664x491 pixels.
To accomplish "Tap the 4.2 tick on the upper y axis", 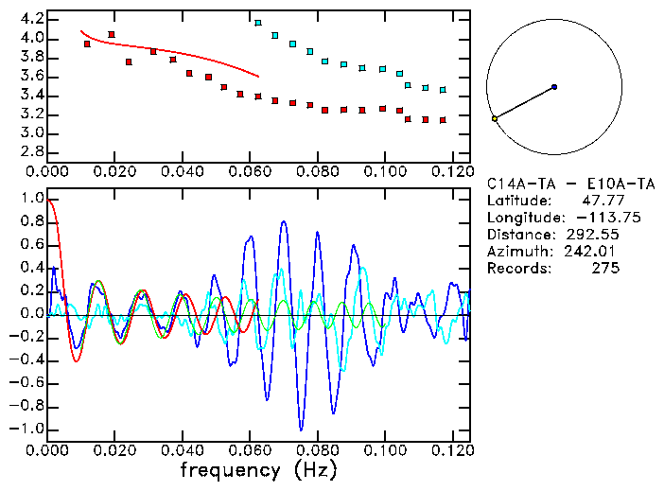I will tap(30, 19).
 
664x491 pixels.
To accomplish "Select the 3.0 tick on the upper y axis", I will tap(30, 133).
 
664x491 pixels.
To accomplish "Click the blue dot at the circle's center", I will tap(554, 86).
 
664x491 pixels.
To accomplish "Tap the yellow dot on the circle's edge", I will tap(495, 118).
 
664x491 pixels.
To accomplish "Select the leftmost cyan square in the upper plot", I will tap(258, 23).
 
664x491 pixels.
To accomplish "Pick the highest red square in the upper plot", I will tap(112, 34).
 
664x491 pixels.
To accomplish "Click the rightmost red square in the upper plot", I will tap(443, 120).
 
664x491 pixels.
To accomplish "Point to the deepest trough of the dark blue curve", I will tap(301, 429).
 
